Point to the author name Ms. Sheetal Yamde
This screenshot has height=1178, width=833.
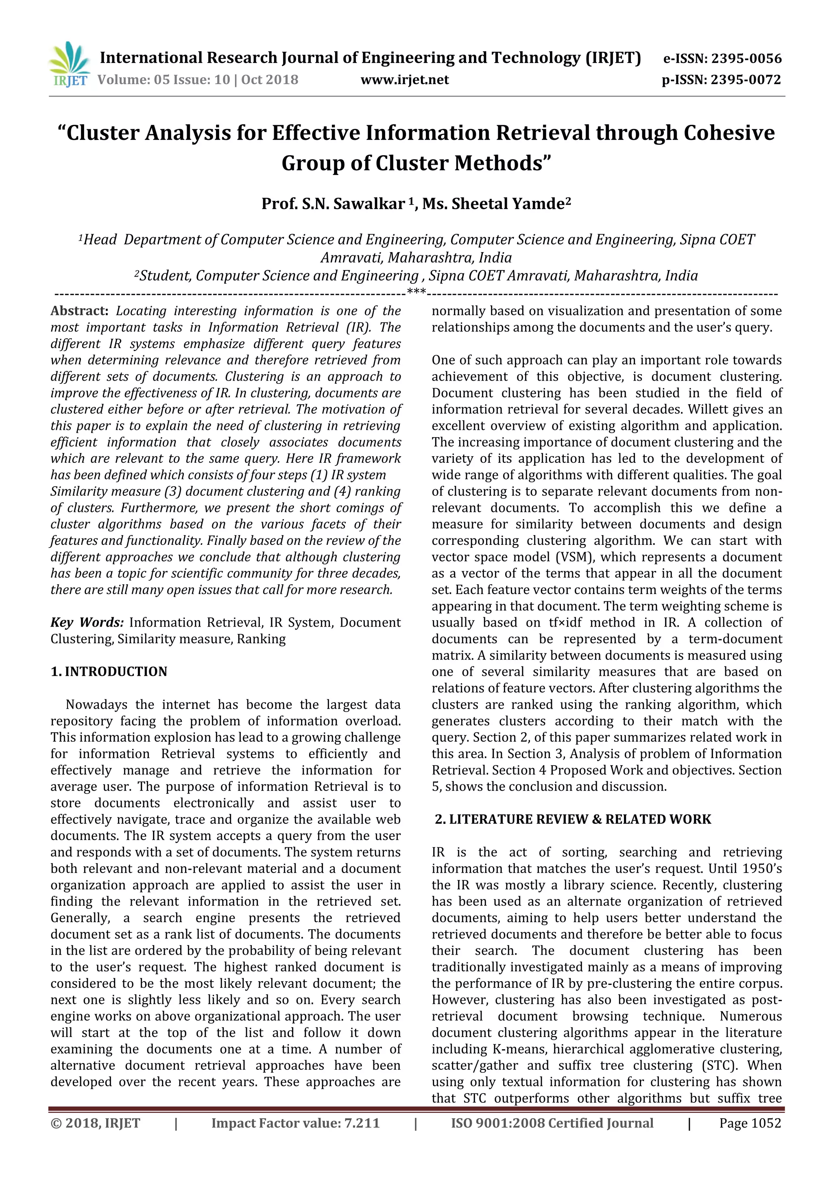(x=496, y=204)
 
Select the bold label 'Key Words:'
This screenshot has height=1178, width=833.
(x=87, y=623)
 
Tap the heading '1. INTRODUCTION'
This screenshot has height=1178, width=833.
(x=109, y=672)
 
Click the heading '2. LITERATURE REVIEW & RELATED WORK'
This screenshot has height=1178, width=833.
(x=573, y=819)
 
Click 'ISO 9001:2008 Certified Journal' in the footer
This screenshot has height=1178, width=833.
(x=552, y=1123)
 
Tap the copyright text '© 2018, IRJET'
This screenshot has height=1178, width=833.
(x=96, y=1123)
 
